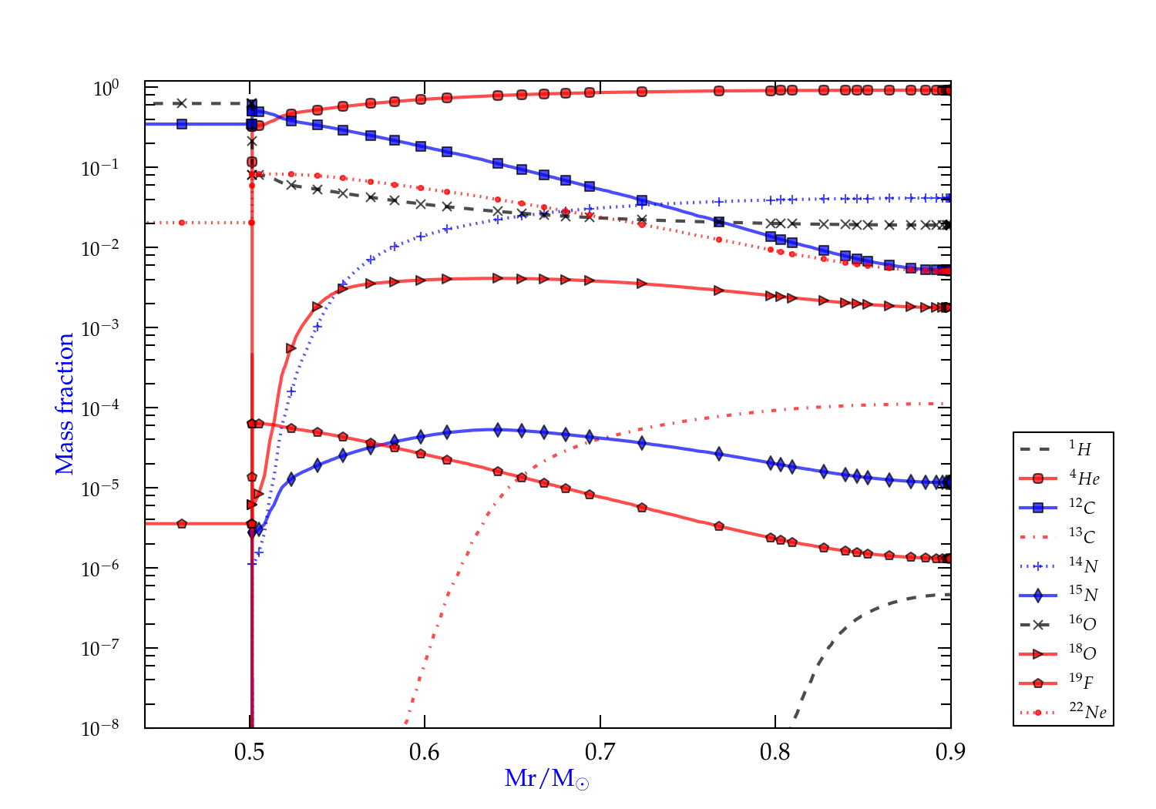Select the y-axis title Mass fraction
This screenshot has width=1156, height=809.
point(65,404)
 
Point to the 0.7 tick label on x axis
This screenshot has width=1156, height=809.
point(600,752)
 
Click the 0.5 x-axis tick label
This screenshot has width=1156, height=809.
point(250,752)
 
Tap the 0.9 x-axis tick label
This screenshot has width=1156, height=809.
point(950,752)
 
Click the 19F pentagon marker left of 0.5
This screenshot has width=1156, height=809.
point(182,524)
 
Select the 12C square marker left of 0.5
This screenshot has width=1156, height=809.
point(182,123)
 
